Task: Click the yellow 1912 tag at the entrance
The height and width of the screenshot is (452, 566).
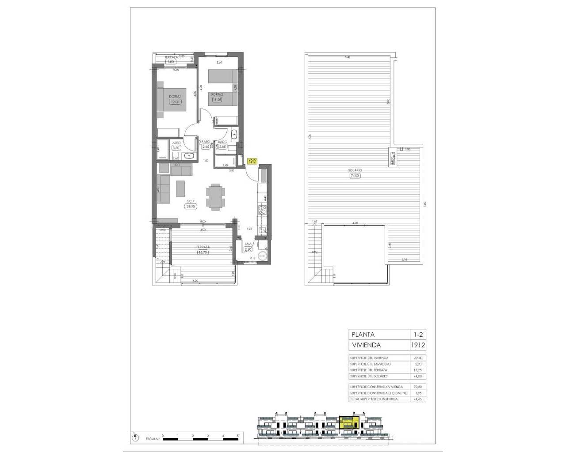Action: pos(252,162)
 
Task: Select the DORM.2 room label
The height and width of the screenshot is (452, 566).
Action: pos(217,94)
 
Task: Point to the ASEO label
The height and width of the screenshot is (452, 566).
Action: pos(176,143)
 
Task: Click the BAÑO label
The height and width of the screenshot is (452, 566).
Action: pos(222,142)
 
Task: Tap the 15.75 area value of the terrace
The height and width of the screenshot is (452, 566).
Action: pos(203,252)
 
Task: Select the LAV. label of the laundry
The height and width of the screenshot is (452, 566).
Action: pos(248,244)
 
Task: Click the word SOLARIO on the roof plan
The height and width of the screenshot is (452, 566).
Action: pos(355,170)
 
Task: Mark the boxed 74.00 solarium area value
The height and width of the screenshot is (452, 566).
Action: pos(355,175)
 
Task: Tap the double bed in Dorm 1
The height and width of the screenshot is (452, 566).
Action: pos(172,101)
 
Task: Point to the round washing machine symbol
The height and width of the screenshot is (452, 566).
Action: pos(262,255)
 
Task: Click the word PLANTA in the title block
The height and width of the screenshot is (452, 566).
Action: pos(363,335)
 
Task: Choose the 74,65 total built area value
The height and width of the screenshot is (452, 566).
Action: pos(418,399)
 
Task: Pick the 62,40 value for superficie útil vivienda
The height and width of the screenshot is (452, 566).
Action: pos(418,358)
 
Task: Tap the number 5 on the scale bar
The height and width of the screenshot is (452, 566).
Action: pos(238,436)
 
